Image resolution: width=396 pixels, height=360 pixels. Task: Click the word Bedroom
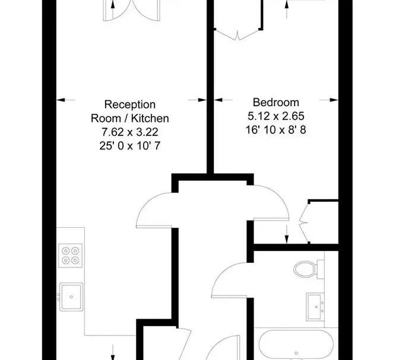(x=276, y=103)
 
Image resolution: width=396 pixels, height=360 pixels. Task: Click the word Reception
(x=130, y=105)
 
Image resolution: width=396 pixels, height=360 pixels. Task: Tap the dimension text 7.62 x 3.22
(x=130, y=132)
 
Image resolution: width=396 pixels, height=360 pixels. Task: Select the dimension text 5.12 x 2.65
(x=276, y=116)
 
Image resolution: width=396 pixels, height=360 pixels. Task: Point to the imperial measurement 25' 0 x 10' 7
(x=130, y=146)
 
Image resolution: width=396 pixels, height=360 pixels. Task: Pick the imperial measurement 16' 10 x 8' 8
(x=276, y=130)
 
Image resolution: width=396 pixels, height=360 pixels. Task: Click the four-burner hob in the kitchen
(x=71, y=255)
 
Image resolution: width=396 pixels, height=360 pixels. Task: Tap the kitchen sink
(x=71, y=297)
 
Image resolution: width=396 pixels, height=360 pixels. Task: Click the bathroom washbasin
(x=315, y=307)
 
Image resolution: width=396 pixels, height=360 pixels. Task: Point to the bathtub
(x=296, y=345)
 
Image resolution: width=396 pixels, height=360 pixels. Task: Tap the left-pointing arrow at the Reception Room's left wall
(x=66, y=100)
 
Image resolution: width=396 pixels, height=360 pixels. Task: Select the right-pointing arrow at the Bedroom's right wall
(x=329, y=100)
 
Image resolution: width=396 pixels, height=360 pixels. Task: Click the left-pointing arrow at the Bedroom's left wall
(x=223, y=100)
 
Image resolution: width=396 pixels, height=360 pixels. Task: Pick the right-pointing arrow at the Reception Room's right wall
(x=197, y=100)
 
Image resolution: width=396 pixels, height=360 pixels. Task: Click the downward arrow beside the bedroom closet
(x=287, y=234)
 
